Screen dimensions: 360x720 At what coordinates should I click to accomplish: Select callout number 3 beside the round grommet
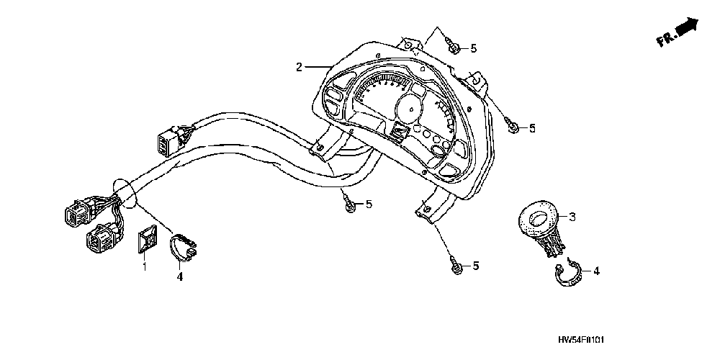[x=572, y=216]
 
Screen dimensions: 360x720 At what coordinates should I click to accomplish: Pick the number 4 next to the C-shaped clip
[x=596, y=271]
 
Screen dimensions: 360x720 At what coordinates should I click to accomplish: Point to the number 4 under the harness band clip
[x=180, y=276]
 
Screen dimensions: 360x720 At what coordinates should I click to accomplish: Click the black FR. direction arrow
[x=688, y=27]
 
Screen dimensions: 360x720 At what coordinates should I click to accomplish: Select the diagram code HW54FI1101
[x=587, y=338]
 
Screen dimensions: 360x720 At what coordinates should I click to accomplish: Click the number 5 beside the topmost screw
[x=473, y=48]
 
